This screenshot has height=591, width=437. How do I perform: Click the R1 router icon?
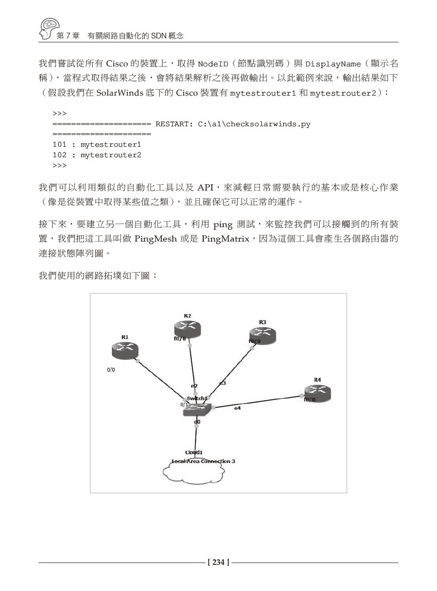125,350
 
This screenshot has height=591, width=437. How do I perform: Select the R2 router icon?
187,329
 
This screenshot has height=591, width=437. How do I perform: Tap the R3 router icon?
262,335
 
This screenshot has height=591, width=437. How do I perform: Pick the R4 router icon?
317,393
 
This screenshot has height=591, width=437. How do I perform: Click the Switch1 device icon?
197,409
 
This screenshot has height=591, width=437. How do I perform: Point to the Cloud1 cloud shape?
194,473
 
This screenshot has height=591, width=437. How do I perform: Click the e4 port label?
237,408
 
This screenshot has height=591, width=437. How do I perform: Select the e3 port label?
222,383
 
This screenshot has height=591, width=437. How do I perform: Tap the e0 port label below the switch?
197,422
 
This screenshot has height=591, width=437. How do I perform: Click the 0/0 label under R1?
111,370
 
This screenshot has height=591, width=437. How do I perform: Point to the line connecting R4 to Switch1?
258,402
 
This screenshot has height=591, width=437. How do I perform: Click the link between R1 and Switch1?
160,379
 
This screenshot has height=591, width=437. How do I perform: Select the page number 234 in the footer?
218,563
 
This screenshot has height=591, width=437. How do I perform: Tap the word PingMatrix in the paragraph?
225,239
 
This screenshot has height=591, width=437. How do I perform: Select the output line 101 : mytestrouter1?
97,145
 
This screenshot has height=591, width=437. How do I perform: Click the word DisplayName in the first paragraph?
333,64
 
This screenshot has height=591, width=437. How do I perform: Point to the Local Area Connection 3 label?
203,461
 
